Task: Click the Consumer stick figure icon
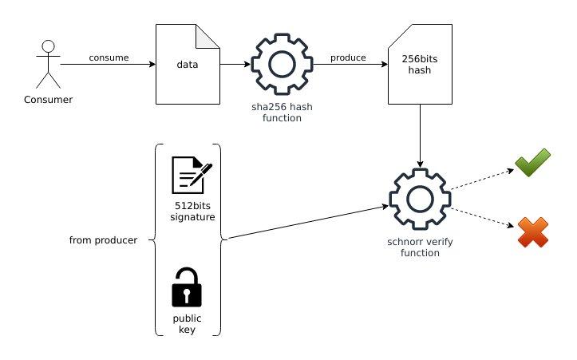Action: pos(48,64)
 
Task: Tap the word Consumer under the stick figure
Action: pos(48,100)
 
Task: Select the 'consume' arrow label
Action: pos(109,57)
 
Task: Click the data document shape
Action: pos(188,64)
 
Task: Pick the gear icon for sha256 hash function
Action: pos(282,65)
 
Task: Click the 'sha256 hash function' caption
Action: pos(282,112)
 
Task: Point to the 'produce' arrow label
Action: pos(348,57)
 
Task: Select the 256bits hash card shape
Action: pos(420,64)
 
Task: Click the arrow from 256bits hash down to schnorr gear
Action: pos(420,136)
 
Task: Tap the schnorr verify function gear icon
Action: pos(420,199)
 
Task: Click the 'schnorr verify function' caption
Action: pos(420,247)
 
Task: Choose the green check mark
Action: pos(532,163)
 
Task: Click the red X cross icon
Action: pos(532,232)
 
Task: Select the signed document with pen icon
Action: pos(192,175)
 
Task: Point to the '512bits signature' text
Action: pos(192,211)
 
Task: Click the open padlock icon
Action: pos(187,287)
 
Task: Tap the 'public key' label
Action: pos(187,323)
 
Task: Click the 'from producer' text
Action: pos(103,239)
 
